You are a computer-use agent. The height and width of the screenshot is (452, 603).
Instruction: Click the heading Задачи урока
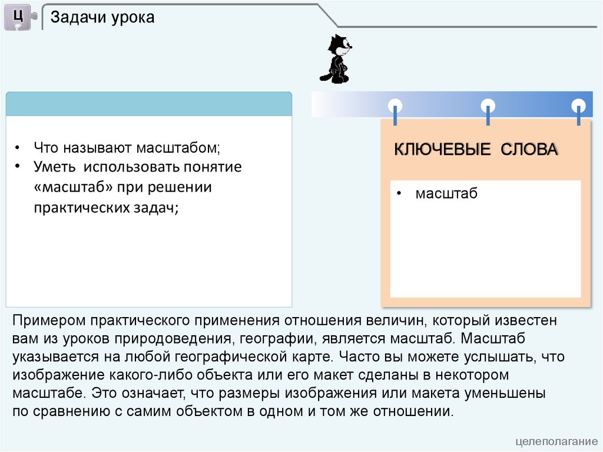coord(102,18)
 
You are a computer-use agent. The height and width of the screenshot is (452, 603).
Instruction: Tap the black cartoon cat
coord(337,58)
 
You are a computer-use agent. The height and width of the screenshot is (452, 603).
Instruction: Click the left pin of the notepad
coord(395,107)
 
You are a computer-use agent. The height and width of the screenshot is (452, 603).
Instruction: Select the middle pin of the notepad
coord(488,107)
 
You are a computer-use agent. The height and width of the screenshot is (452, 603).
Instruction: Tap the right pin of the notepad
coord(579,107)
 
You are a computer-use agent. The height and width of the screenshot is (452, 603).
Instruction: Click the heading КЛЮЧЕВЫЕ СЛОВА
coord(476,150)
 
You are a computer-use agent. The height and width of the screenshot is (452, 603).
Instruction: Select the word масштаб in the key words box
coord(446,194)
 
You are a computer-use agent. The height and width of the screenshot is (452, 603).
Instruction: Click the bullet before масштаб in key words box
coord(399,194)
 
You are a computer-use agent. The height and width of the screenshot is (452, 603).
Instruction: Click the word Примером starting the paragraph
coord(48,321)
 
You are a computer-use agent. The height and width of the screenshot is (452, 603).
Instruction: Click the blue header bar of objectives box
coord(149,104)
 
